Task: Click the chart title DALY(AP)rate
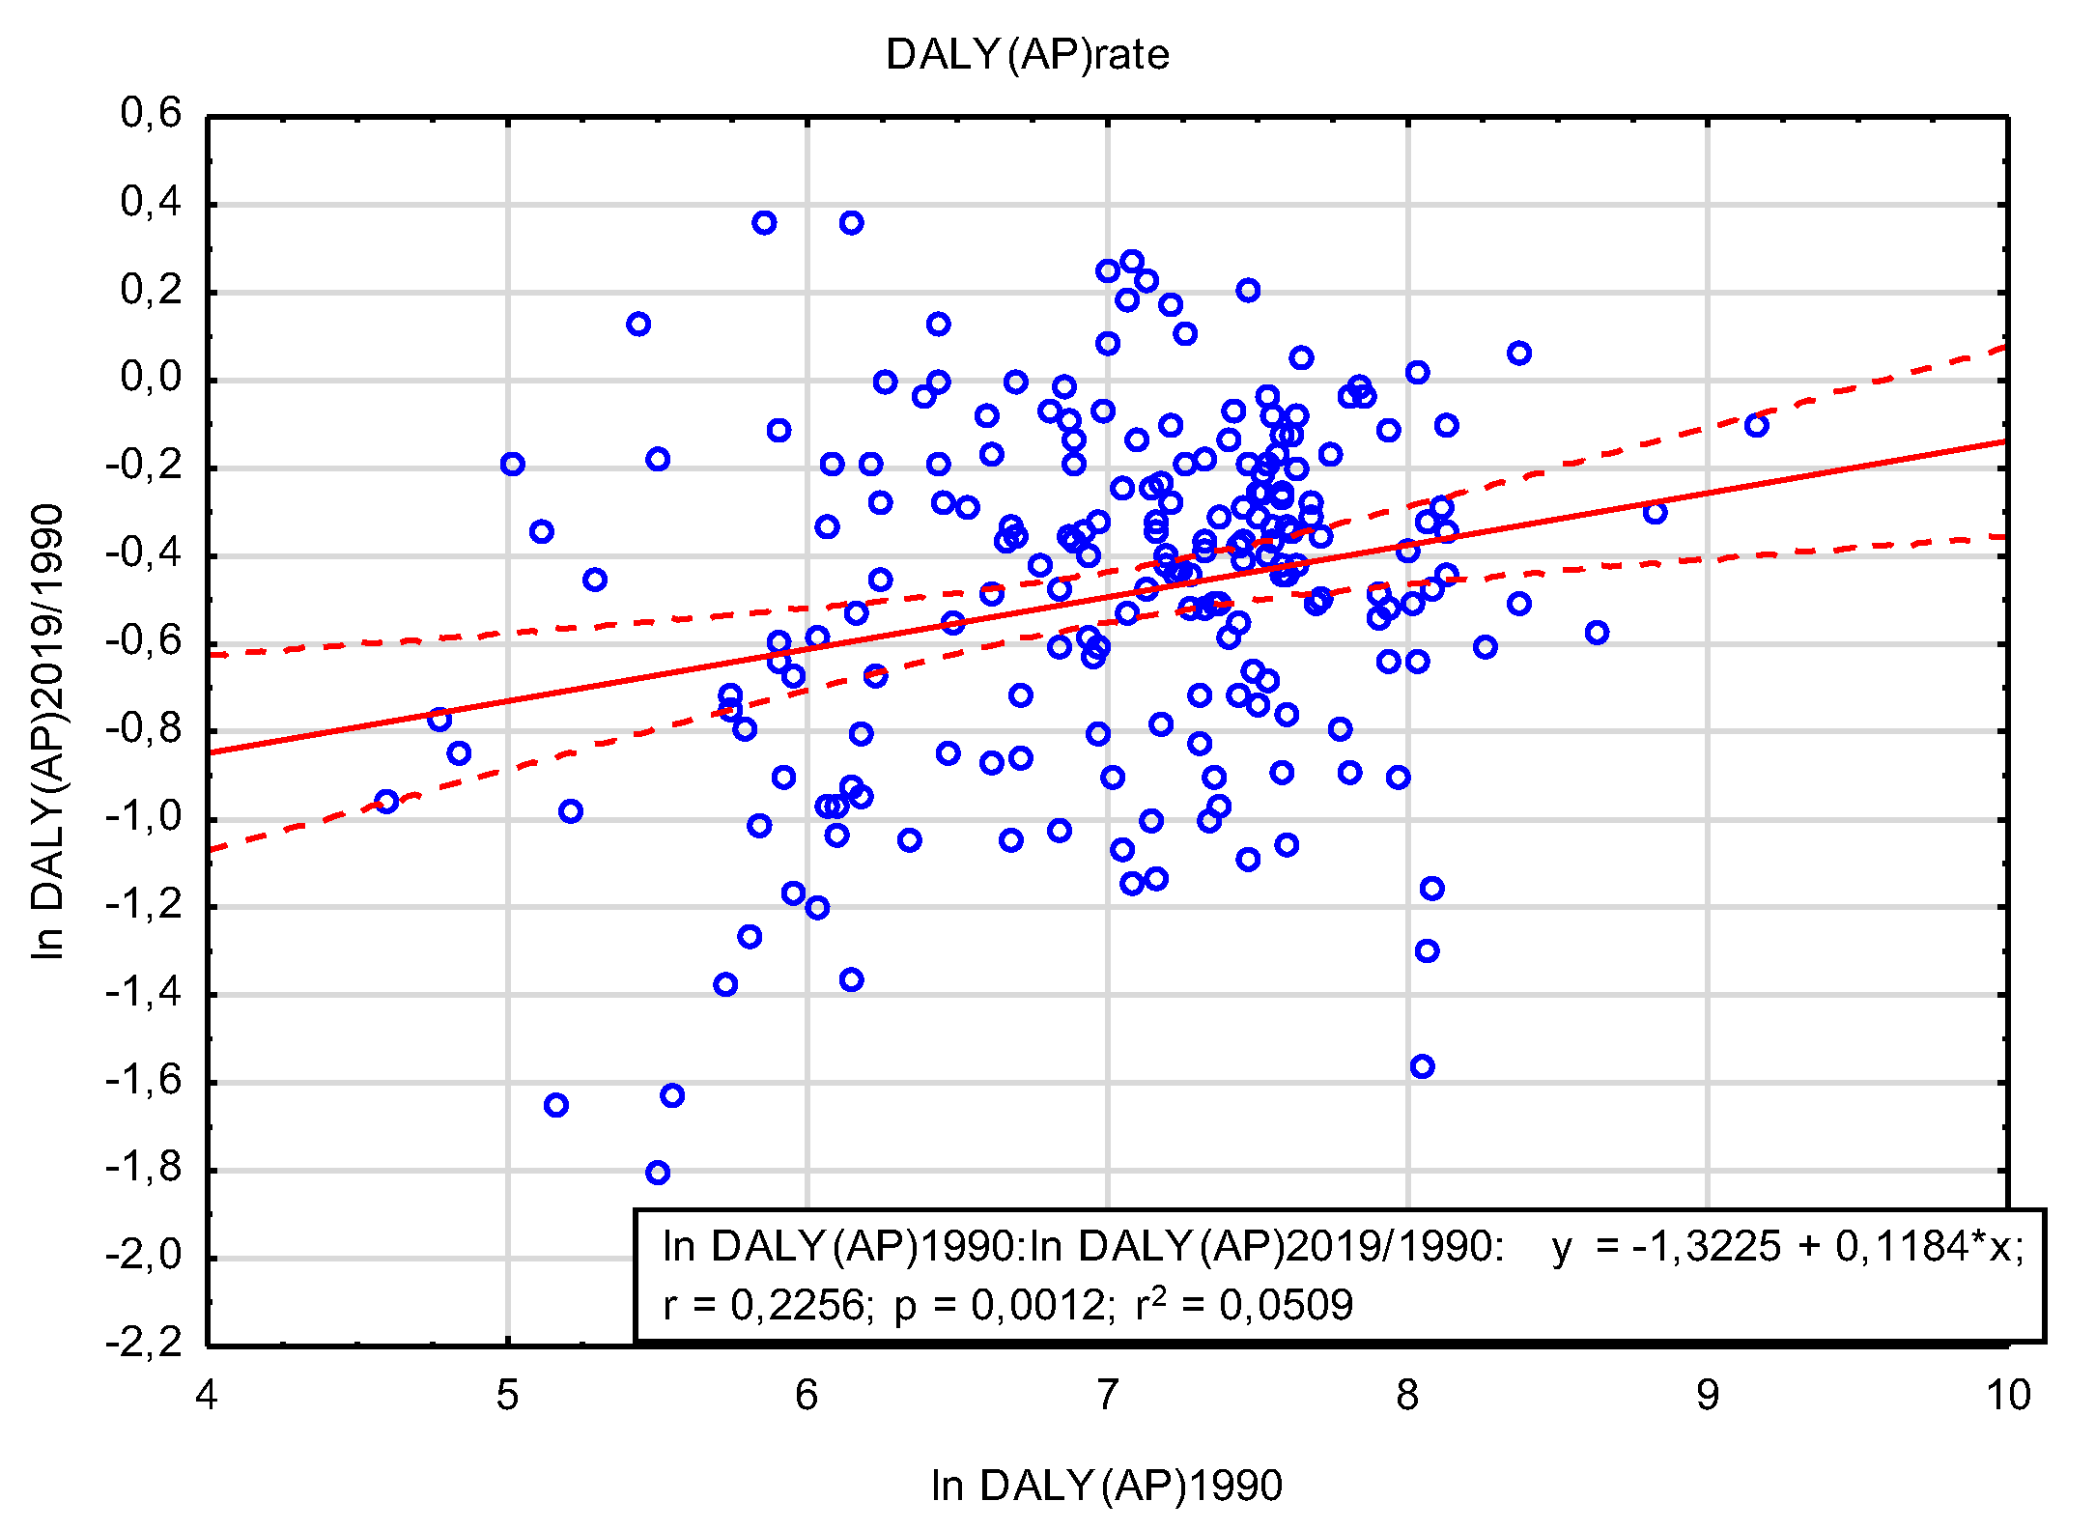point(1027,55)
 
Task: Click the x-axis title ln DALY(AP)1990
point(1106,1485)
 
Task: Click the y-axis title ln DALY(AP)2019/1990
point(48,731)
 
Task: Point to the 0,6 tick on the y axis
point(151,114)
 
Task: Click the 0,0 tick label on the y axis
point(151,378)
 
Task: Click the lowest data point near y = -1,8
point(658,1173)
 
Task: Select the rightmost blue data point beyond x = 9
point(1756,425)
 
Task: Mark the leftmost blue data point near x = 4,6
point(386,801)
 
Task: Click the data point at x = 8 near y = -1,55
point(1422,1066)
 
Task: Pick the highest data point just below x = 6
point(764,223)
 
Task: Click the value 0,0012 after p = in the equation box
point(1038,1306)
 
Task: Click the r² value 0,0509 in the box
point(1286,1306)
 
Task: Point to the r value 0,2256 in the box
point(798,1306)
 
